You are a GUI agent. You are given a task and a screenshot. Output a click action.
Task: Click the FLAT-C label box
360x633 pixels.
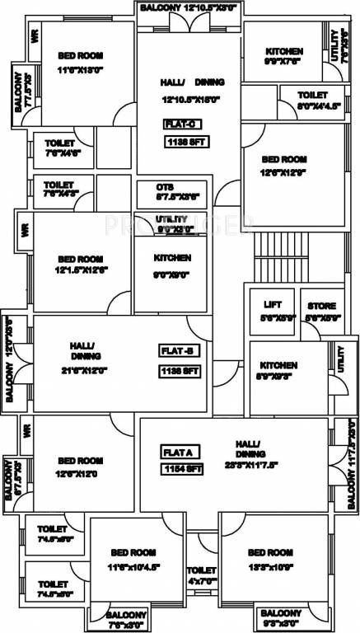click(181, 125)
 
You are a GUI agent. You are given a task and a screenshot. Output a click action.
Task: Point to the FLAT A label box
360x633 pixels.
click(178, 452)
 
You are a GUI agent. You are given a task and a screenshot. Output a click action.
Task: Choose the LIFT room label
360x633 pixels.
click(272, 304)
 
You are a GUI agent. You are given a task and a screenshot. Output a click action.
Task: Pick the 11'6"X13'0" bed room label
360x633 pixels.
click(81, 63)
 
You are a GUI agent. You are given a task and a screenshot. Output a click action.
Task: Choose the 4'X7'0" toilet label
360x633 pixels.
click(201, 575)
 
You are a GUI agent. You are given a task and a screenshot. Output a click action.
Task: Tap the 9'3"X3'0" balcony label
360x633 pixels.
click(283, 619)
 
